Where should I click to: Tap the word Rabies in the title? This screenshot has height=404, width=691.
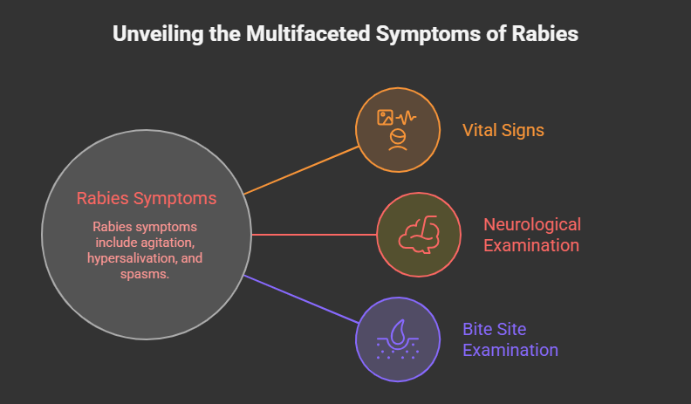pos(547,35)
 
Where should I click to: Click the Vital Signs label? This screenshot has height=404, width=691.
pos(503,130)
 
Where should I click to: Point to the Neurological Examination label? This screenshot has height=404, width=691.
pos(531,235)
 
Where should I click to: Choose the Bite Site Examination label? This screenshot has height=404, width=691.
pos(510,339)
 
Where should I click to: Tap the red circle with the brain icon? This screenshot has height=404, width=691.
pos(418,234)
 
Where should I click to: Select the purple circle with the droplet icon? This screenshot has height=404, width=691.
pos(397,339)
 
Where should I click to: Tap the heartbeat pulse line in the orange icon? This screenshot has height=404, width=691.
pos(407,117)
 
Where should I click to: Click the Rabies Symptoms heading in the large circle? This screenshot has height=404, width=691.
pos(146,199)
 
